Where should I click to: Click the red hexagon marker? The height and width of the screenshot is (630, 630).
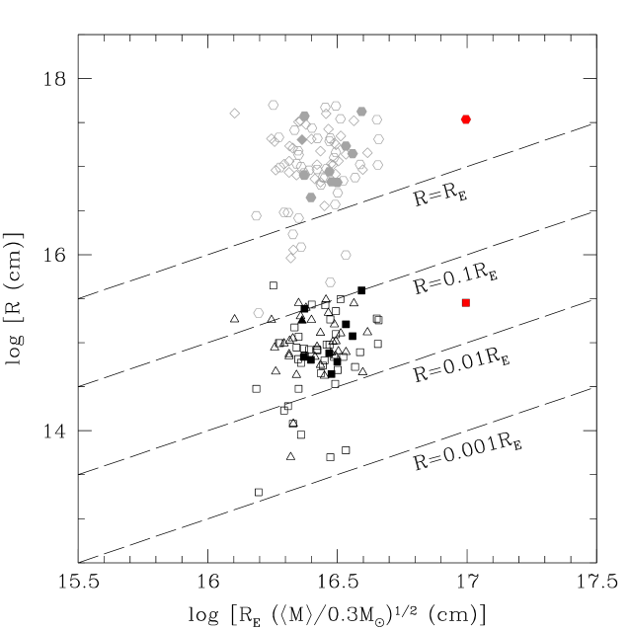point(466,119)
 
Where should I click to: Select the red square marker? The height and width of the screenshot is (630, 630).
point(466,303)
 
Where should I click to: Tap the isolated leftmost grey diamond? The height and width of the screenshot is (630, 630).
point(235,114)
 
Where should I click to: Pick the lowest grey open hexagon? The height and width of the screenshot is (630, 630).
point(259,313)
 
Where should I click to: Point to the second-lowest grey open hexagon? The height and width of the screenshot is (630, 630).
point(331,282)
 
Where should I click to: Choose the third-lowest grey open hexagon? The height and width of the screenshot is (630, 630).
point(346,255)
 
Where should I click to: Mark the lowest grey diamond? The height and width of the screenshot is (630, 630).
point(290,258)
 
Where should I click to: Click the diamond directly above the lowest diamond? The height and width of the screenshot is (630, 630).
point(293,250)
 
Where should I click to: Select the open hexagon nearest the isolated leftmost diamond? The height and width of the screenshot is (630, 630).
point(274,105)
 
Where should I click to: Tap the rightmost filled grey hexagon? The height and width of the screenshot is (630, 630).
point(361,112)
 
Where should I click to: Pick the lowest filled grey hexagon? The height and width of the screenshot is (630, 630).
point(311,197)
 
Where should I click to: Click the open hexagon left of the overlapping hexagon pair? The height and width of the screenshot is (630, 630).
point(257,215)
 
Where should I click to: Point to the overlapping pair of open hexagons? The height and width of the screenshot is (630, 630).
point(286,212)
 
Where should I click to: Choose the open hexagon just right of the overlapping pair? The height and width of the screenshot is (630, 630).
point(298,218)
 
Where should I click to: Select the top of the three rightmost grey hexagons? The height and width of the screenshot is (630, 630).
point(376,119)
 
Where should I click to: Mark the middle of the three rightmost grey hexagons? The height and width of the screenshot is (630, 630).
point(378,139)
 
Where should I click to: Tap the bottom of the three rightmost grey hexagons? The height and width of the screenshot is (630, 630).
point(377,165)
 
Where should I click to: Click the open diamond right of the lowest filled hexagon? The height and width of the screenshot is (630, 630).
point(324,205)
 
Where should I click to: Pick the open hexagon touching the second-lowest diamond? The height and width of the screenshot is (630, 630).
point(301,247)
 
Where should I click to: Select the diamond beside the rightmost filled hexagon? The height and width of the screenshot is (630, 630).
point(354,120)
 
